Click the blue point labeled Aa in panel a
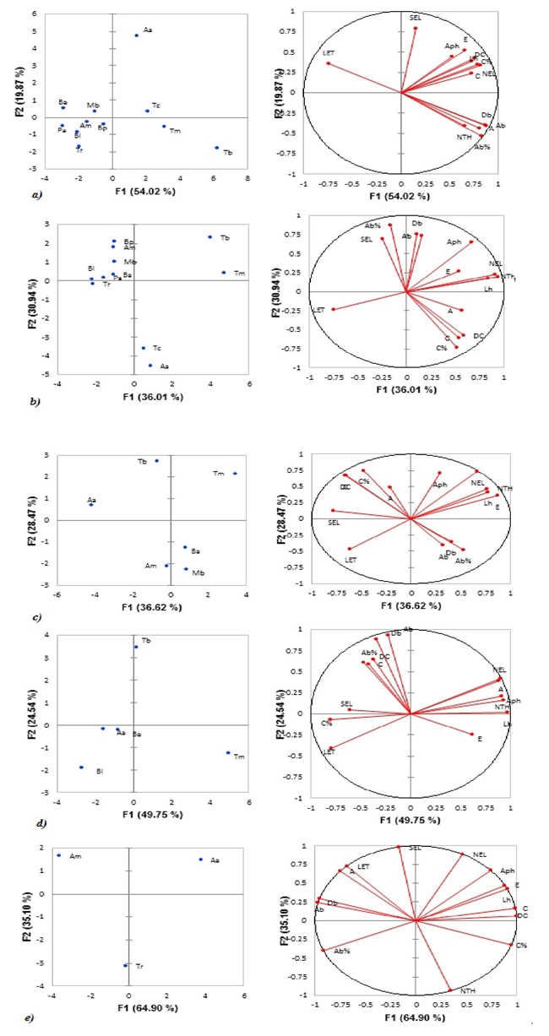[137, 35]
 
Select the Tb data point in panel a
[216, 148]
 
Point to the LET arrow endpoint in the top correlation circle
[328, 63]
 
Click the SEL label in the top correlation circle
[415, 17]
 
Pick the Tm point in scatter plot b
[223, 272]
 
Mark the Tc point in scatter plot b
[144, 348]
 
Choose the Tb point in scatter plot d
[135, 647]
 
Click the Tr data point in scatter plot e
[125, 965]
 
